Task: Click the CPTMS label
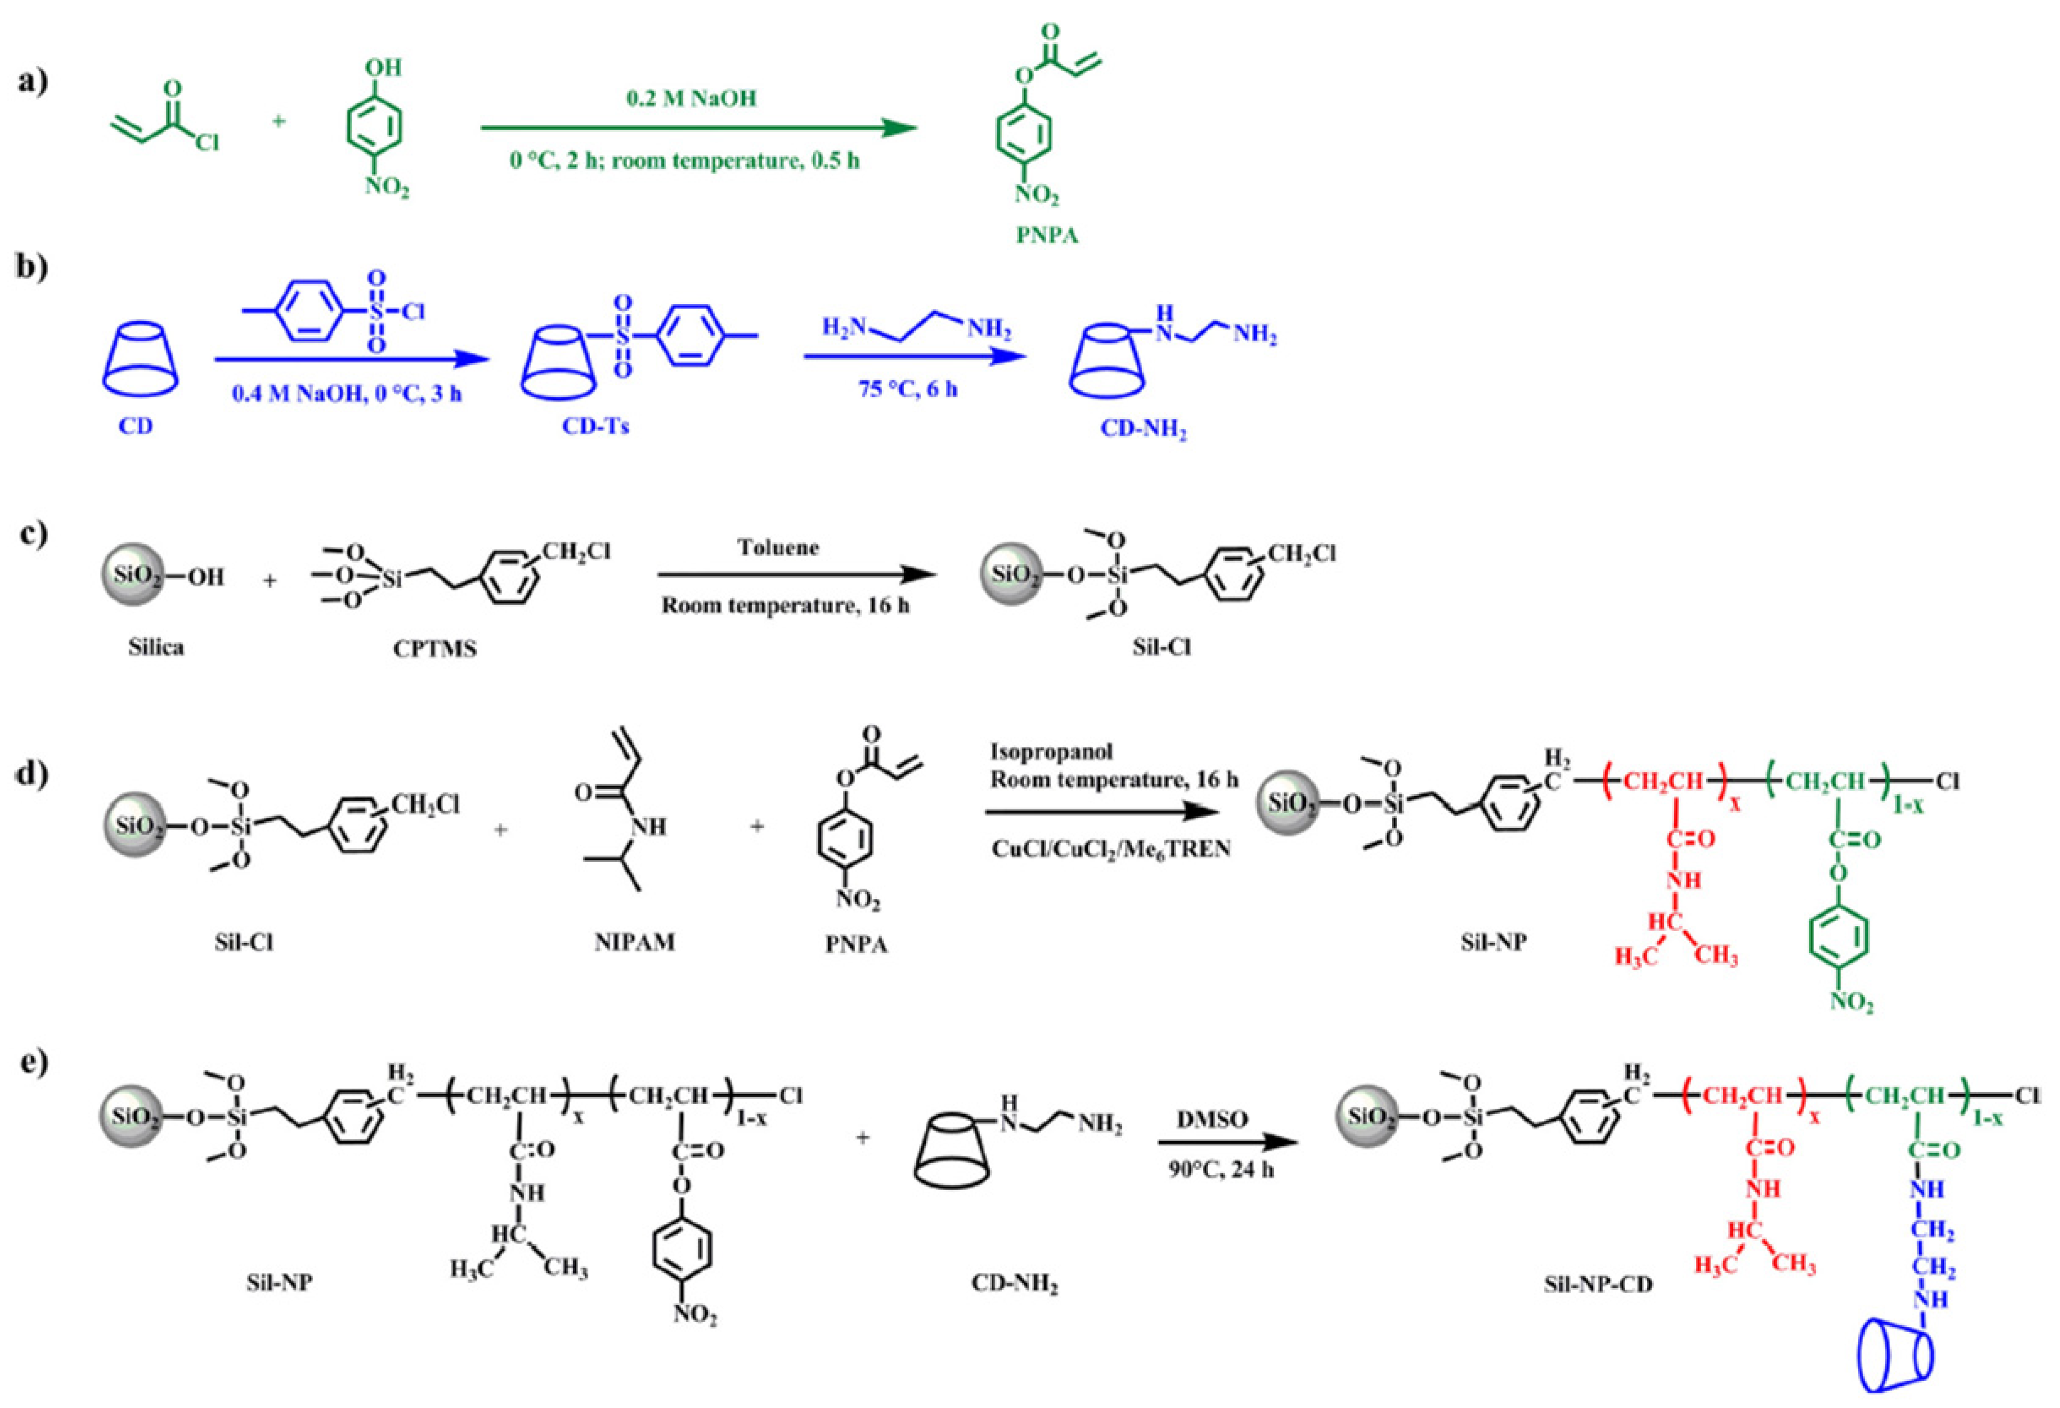coord(434,649)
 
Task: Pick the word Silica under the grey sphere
coord(156,647)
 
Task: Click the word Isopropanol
coord(1051,752)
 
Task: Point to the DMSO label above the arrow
coord(1212,1119)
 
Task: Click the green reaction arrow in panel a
coord(698,129)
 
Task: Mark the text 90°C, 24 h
coord(1221,1169)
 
